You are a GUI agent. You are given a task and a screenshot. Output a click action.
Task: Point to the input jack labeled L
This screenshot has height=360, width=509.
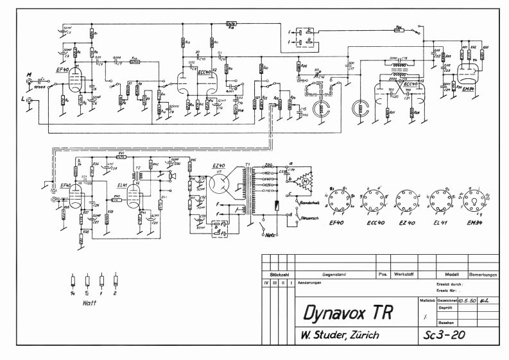[28, 102]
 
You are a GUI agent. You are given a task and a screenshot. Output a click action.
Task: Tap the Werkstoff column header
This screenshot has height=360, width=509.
[406, 274]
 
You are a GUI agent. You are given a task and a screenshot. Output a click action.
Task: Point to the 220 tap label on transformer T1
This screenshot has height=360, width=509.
[251, 166]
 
